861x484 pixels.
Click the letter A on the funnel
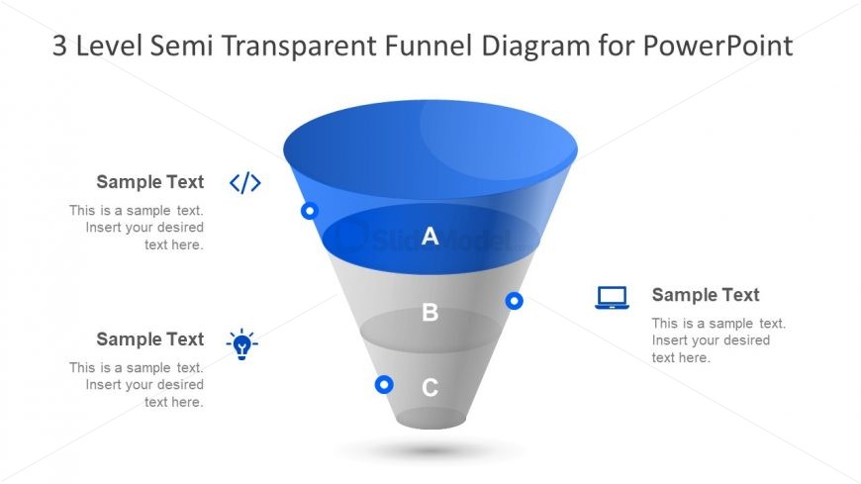click(x=430, y=236)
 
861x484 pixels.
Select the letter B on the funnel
click(x=430, y=312)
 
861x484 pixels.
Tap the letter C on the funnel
click(x=430, y=387)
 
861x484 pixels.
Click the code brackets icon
click(x=244, y=182)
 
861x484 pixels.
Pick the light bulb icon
click(x=241, y=344)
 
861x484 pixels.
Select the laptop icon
click(x=612, y=297)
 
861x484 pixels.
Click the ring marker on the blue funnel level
click(x=310, y=211)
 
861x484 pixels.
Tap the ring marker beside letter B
click(x=514, y=301)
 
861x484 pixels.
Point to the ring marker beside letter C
click(x=384, y=384)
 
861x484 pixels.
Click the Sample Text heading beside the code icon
click(x=149, y=182)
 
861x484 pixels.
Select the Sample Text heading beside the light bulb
click(x=149, y=339)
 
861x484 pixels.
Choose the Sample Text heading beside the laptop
click(x=706, y=295)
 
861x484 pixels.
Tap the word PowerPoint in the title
click(x=717, y=46)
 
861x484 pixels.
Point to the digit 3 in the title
click(x=59, y=46)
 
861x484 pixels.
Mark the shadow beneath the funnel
click(x=430, y=450)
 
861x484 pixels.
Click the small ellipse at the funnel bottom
click(x=430, y=418)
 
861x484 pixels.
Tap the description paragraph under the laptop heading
click(x=718, y=340)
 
